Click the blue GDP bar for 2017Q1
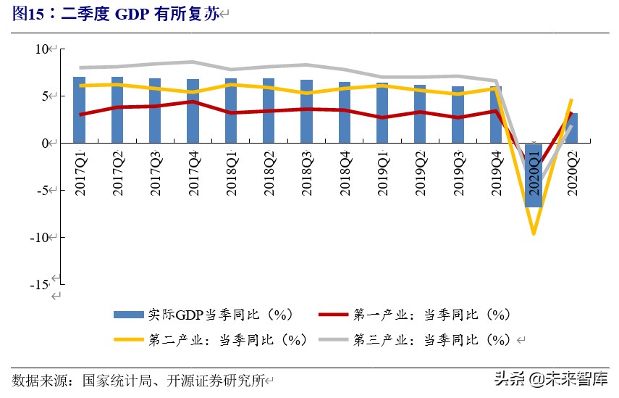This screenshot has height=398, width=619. [x=80, y=109]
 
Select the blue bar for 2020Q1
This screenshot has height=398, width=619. [x=534, y=175]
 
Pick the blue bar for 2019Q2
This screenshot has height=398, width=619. [x=420, y=114]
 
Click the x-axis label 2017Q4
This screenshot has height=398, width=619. [x=193, y=172]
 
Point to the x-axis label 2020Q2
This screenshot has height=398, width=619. [x=572, y=172]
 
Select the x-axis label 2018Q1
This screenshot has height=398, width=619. [x=231, y=172]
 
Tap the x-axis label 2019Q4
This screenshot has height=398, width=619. [x=496, y=172]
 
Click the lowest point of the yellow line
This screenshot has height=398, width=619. [x=534, y=233]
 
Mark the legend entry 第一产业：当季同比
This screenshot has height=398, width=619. [x=431, y=315]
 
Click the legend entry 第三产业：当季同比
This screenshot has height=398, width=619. [x=431, y=339]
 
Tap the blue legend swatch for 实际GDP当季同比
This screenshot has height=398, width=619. [x=129, y=315]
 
